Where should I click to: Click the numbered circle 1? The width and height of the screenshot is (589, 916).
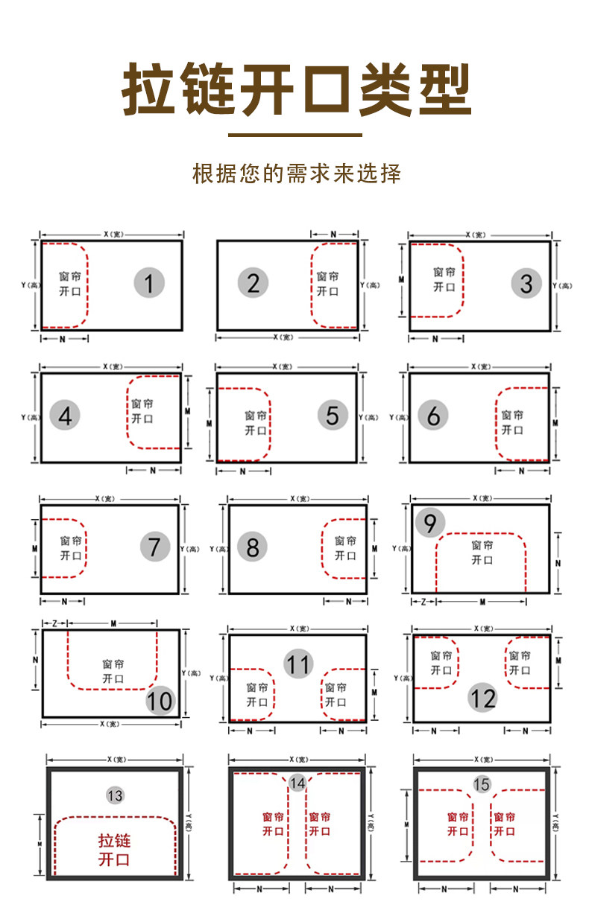[x=149, y=283]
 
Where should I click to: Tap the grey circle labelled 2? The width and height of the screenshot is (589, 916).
[x=253, y=283]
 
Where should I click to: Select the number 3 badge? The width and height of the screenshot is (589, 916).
[x=526, y=283]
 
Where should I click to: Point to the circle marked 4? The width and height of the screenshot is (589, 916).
[x=65, y=416]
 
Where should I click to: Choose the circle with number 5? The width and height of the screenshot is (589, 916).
[x=333, y=416]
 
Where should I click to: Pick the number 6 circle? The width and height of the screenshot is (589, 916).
[x=433, y=416]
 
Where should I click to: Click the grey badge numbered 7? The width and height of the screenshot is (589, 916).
[x=154, y=547]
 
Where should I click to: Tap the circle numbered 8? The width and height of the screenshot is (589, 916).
[x=252, y=547]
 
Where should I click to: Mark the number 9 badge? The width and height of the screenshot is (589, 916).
[x=430, y=523]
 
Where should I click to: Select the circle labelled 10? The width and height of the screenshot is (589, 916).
[x=160, y=700]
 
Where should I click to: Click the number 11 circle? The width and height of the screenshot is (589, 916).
[x=298, y=664]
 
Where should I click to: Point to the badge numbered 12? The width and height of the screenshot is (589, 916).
[x=482, y=698]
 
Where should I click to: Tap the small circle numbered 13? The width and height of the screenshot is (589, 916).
[x=115, y=795]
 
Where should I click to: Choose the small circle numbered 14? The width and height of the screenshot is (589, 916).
[x=297, y=783]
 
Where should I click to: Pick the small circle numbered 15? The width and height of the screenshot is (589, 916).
[x=481, y=783]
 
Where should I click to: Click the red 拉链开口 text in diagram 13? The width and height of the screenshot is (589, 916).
[x=115, y=850]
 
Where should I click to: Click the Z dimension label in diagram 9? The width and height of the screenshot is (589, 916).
[x=423, y=601]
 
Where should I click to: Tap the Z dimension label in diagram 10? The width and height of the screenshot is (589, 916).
[x=54, y=623]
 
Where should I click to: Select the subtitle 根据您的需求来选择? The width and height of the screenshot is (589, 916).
[x=297, y=174]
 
